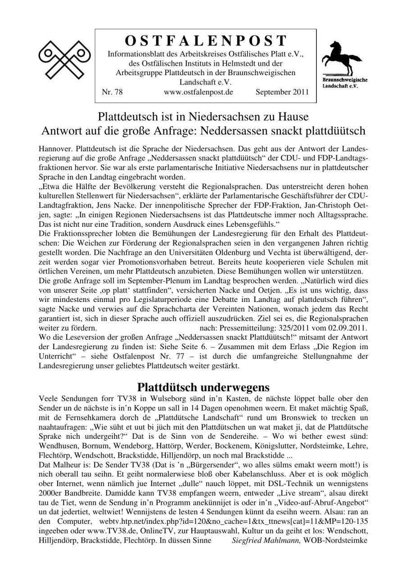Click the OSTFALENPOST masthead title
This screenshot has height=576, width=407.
pyautogui.click(x=205, y=40)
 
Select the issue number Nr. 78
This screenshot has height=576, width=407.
pyautogui.click(x=113, y=92)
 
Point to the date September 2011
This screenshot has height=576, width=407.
pyautogui.click(x=282, y=92)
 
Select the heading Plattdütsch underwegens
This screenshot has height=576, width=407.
pyautogui.click(x=203, y=387)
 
